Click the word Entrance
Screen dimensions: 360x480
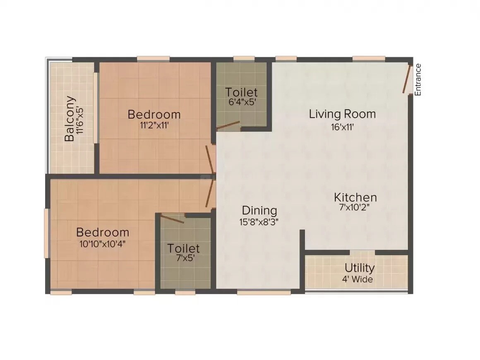tap(418, 80)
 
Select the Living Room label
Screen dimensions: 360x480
tap(342, 114)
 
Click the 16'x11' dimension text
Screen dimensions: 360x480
tap(342, 127)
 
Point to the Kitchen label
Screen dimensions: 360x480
tap(355, 197)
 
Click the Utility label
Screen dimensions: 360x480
tap(360, 268)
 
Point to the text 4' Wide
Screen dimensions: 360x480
tap(357, 279)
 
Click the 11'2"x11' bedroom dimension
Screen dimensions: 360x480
tap(154, 125)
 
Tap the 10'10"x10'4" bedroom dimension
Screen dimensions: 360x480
tap(102, 243)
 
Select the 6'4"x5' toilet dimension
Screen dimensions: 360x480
tap(241, 103)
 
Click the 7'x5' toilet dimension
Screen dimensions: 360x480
tap(183, 259)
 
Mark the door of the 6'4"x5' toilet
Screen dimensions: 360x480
tap(228, 125)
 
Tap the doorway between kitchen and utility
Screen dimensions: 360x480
tap(362, 252)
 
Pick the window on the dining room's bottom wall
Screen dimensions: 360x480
tap(264, 292)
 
